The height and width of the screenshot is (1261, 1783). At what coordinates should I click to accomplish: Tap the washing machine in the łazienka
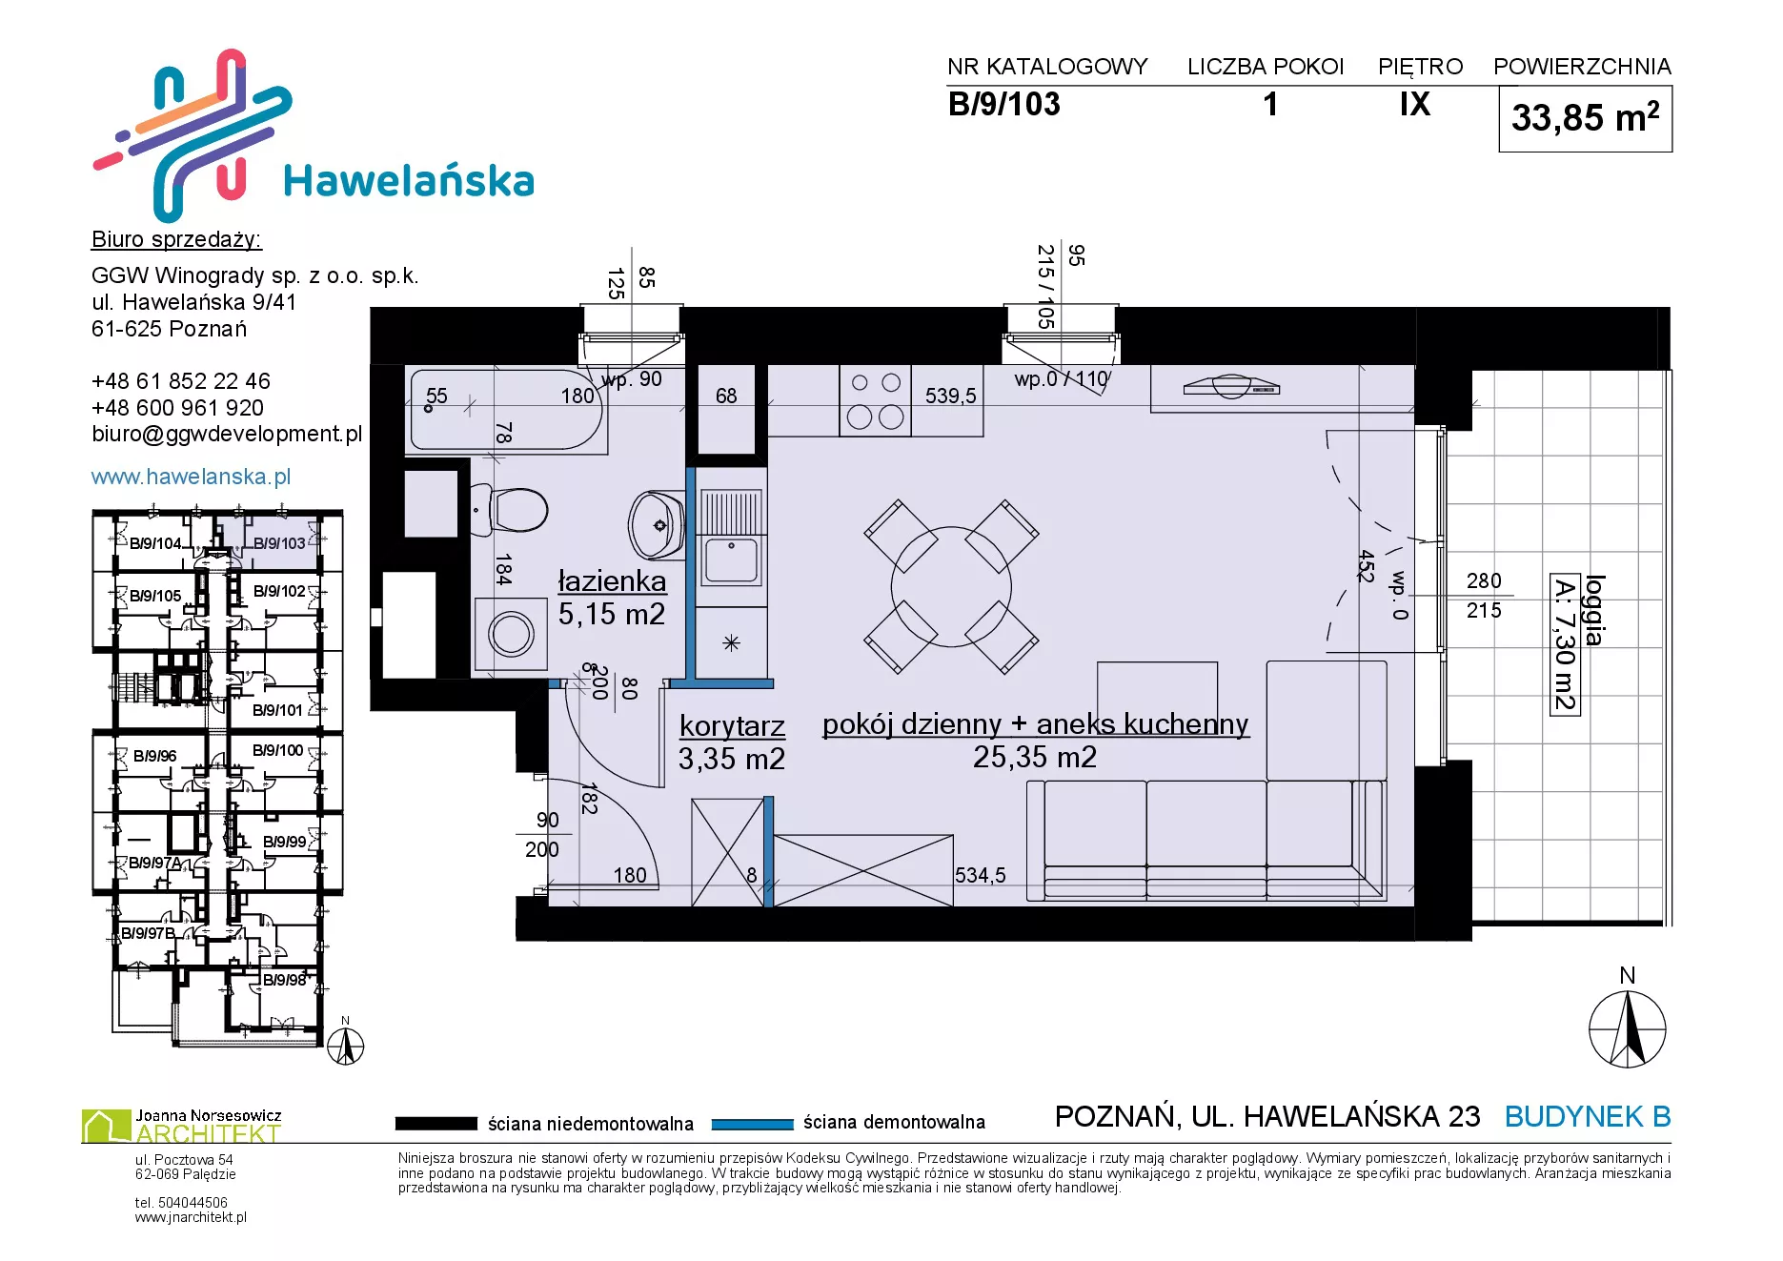tap(511, 634)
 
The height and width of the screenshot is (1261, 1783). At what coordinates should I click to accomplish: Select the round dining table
tap(951, 586)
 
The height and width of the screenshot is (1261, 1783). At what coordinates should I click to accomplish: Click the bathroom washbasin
tap(657, 524)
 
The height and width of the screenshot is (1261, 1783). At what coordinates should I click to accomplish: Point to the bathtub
tap(506, 410)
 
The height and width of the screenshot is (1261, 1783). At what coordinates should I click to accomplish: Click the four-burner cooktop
tap(875, 400)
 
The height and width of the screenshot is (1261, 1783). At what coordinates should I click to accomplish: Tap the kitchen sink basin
tap(731, 559)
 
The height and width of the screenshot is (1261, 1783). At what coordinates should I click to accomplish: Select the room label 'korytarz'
tap(732, 726)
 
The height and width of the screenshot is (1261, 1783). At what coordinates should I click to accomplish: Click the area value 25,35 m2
tap(1035, 758)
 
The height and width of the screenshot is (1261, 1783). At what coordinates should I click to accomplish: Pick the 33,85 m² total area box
tap(1586, 119)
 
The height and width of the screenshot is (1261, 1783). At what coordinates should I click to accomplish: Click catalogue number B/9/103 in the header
tap(1003, 104)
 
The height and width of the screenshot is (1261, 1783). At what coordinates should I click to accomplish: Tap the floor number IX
tap(1415, 104)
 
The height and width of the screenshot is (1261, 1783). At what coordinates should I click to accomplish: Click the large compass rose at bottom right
tap(1628, 1029)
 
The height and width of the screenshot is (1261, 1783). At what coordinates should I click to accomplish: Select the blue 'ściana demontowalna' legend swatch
tap(753, 1124)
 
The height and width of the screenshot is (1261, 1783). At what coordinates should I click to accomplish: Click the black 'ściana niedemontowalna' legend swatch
tap(436, 1124)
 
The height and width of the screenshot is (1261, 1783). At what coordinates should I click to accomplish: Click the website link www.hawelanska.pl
tap(191, 477)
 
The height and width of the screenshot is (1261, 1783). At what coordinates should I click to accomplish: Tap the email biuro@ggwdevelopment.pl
tap(227, 435)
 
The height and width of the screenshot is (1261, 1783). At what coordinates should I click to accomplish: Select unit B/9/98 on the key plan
tap(284, 980)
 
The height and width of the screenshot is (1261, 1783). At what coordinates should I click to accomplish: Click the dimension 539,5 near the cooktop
tap(950, 396)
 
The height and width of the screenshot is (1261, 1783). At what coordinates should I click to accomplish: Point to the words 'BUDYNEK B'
tap(1588, 1116)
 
